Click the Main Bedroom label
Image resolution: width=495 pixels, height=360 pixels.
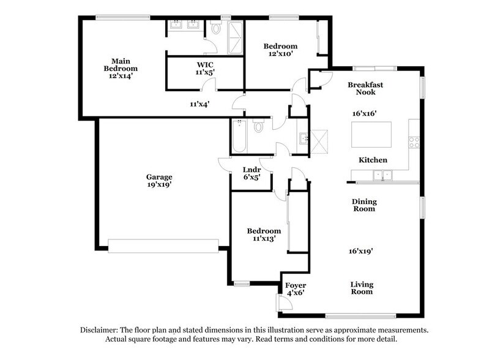point(120,68)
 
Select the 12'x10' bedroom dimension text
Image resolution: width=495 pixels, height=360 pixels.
point(280,54)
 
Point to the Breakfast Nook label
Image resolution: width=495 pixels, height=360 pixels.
point(365,88)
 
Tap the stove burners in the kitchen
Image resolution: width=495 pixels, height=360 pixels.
point(414,142)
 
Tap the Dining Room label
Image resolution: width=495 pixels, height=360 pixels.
point(363,205)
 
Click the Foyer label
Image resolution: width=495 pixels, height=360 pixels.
point(296,285)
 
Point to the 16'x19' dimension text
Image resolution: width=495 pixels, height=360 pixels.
point(361,250)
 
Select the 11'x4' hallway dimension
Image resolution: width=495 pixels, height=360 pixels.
point(199,104)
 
